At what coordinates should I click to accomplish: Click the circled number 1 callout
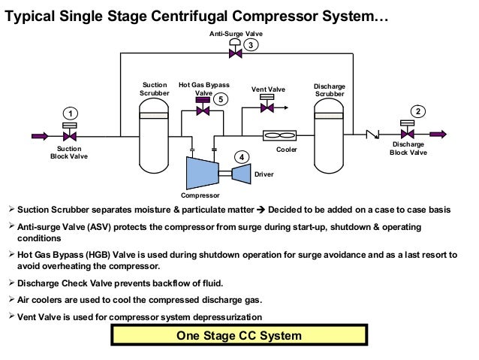tap(69, 113)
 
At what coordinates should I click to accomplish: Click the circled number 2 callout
tap(418, 111)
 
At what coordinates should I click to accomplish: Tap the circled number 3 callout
tap(252, 44)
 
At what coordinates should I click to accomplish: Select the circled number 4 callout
tap(242, 157)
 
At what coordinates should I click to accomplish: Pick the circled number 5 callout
tap(220, 98)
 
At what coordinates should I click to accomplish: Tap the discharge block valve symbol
tap(408, 135)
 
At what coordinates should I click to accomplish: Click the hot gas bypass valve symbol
tap(202, 110)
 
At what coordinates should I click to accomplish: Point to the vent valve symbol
tap(267, 107)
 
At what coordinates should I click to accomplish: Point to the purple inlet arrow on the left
tap(40, 136)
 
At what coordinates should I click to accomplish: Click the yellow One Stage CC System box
tap(239, 335)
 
